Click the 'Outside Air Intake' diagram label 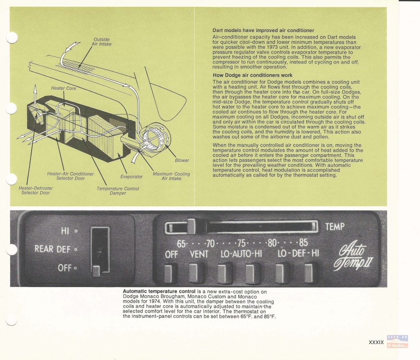coord(102,42)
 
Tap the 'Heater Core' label coord(64,88)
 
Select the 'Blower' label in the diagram coord(182,160)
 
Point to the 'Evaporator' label coord(131,177)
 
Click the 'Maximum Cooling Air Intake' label coord(171,176)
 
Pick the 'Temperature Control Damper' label coord(118,191)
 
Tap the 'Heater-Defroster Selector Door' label coord(36,190)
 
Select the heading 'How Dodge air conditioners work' coord(253,75)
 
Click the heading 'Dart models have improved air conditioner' coord(263,30)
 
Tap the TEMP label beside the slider coord(335,227)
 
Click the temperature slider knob coord(191,227)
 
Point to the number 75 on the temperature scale coord(242,243)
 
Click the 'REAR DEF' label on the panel coord(52,249)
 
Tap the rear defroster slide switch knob coord(96,271)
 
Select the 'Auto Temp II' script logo coord(353,255)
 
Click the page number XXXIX coord(376,342)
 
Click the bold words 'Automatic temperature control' coord(159,292)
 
